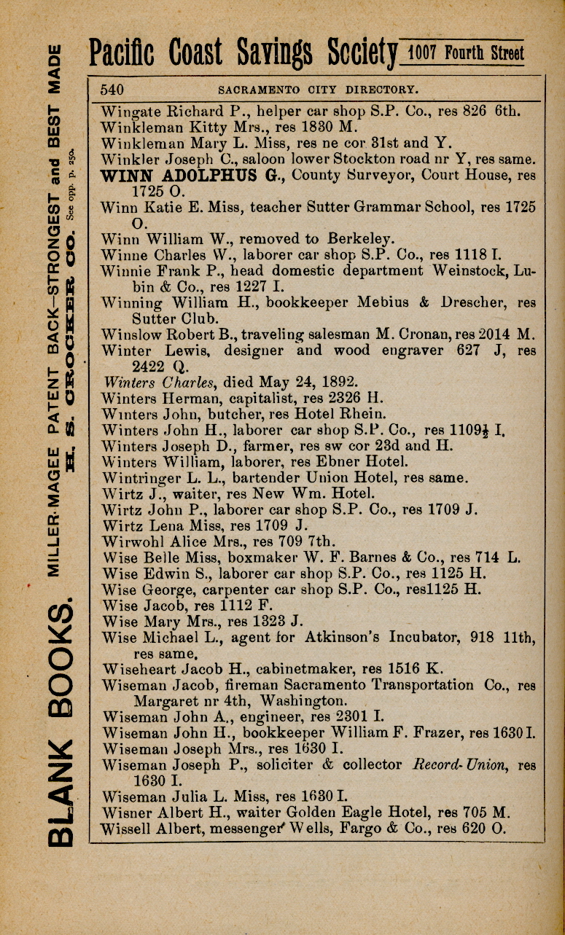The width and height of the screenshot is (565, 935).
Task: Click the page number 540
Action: coord(112,90)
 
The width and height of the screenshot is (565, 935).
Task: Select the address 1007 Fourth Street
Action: coord(466,52)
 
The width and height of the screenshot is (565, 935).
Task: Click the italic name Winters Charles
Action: coord(160,381)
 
